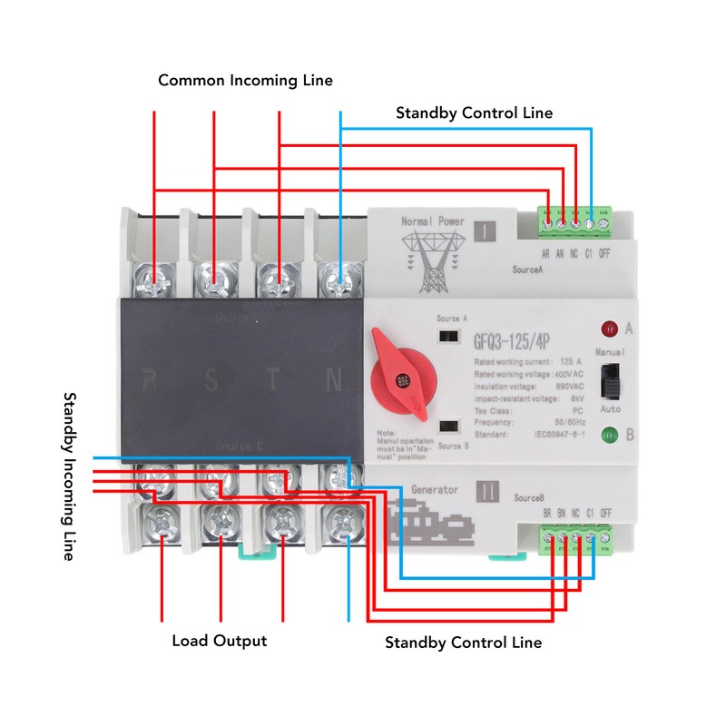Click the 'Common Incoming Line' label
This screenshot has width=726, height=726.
(245, 81)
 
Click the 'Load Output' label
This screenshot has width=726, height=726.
(220, 641)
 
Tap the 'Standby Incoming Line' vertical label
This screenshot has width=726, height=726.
(69, 476)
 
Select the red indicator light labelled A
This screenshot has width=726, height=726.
(611, 328)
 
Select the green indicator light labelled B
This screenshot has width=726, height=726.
(610, 435)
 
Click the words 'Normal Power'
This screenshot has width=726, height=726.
(433, 221)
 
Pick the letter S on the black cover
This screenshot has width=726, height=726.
(211, 379)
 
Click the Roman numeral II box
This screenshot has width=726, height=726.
(487, 492)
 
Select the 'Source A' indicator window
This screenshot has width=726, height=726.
(447, 336)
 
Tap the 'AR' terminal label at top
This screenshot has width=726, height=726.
(546, 253)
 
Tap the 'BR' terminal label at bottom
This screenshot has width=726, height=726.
(547, 514)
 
